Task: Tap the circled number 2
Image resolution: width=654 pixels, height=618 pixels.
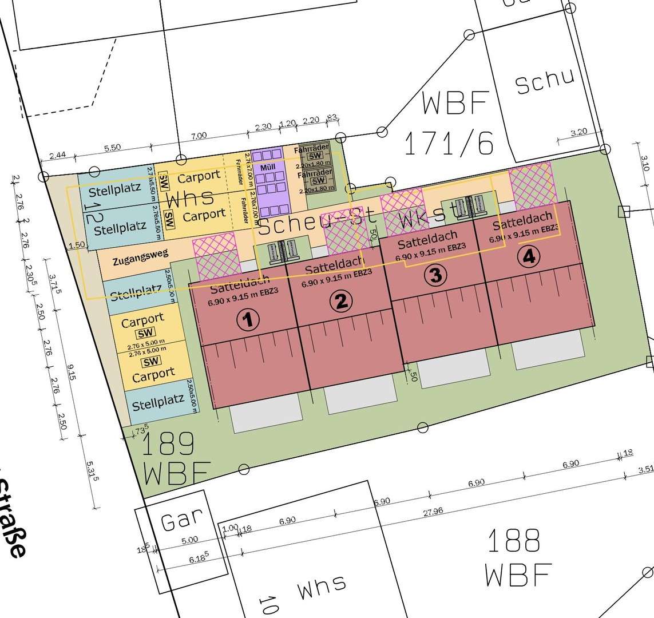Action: (x=341, y=301)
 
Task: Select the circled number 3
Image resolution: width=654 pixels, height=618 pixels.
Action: (x=435, y=276)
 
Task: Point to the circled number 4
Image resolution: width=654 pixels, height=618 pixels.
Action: (x=528, y=257)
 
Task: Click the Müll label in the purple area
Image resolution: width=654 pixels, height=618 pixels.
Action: (x=267, y=167)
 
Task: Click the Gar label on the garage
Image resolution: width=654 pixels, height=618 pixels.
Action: (x=182, y=521)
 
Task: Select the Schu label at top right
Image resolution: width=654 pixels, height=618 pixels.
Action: (x=544, y=82)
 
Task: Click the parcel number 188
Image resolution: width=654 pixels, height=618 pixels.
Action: (x=513, y=540)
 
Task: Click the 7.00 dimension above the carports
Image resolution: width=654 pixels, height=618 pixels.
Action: (x=199, y=135)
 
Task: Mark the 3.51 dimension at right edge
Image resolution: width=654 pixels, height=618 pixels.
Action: (x=645, y=470)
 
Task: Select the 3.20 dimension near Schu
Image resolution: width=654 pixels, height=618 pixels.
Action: (x=579, y=132)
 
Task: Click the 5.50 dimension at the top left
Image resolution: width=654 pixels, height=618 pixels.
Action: (x=113, y=147)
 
